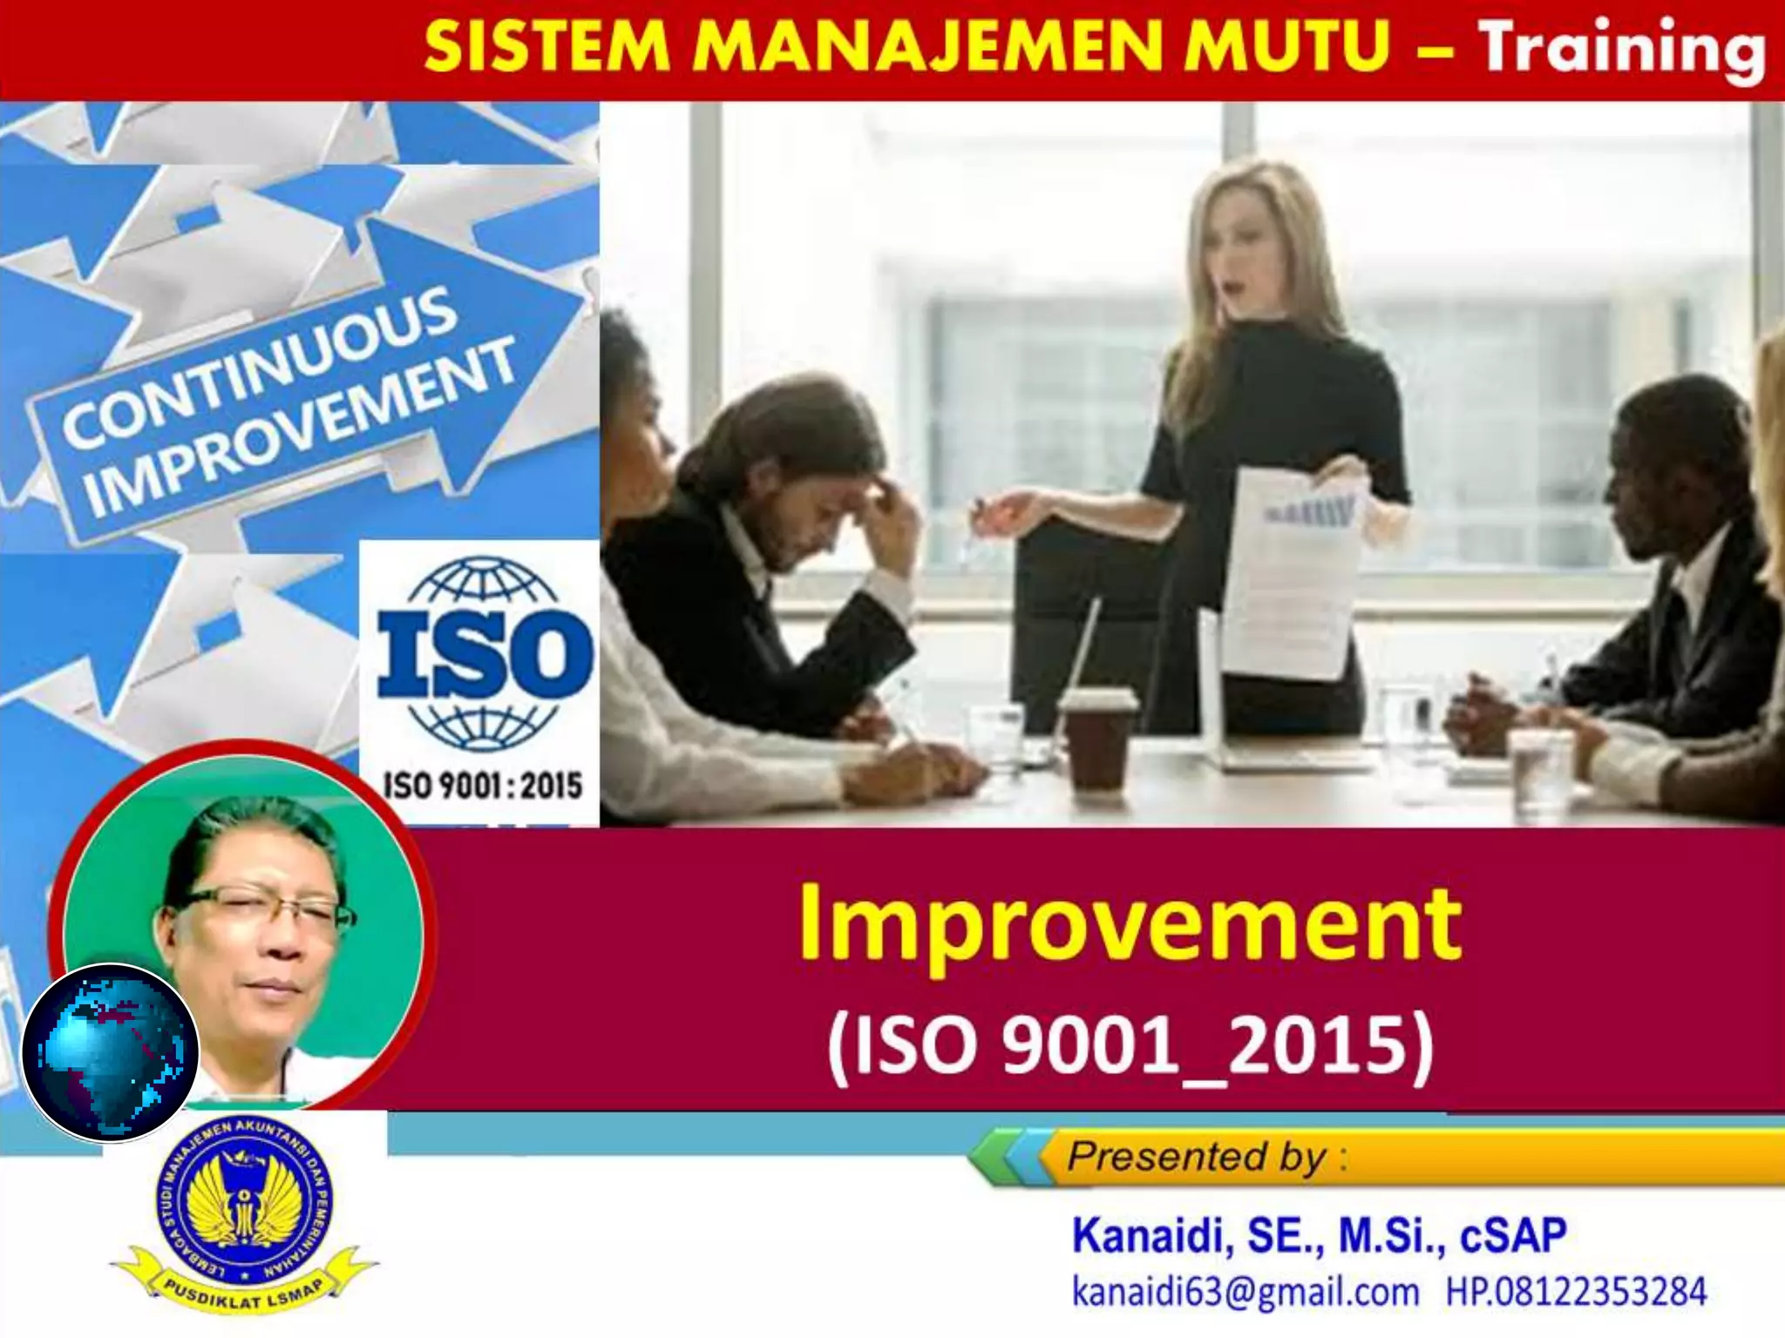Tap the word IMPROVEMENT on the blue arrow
[301, 427]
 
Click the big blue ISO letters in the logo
[485, 653]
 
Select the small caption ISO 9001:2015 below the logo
[482, 786]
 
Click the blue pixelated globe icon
[111, 1052]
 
